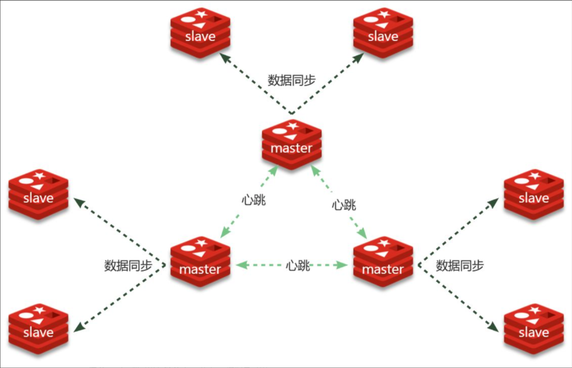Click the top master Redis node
(291, 144)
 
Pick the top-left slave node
(200, 32)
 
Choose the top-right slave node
(383, 32)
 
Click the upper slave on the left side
(39, 194)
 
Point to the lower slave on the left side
(39, 328)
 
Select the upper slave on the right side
(533, 194)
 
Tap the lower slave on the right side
(533, 328)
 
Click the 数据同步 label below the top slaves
(292, 80)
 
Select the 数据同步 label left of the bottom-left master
(128, 266)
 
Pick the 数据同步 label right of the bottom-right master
(460, 266)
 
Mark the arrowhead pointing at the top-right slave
(360, 57)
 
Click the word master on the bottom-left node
(200, 270)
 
